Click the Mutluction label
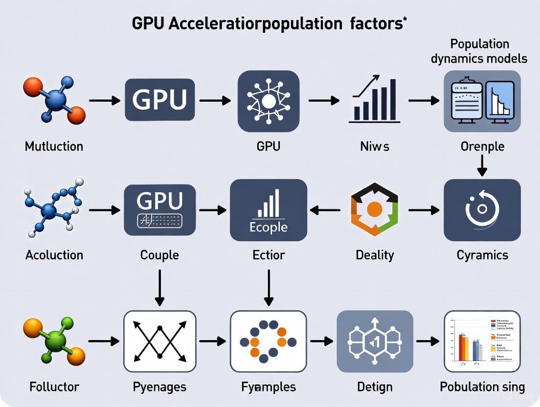54,146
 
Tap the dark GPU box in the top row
159,100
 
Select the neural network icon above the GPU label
268,101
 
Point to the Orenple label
482,146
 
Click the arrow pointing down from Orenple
482,165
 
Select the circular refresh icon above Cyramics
482,209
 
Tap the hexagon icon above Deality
374,210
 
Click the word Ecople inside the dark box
268,227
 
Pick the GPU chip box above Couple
159,209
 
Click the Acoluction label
54,255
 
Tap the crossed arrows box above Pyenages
159,341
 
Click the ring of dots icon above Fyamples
268,341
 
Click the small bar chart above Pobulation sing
482,341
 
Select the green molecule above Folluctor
54,341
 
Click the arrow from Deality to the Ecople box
325,210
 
